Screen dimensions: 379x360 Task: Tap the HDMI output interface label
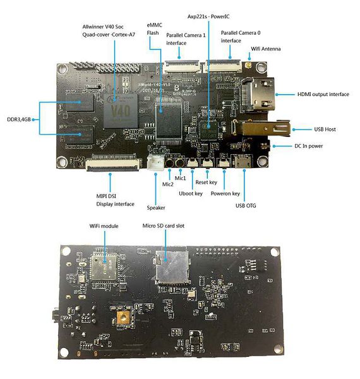[x=323, y=94]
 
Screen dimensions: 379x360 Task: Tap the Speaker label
[x=156, y=207]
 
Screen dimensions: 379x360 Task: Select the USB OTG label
[x=248, y=205]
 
